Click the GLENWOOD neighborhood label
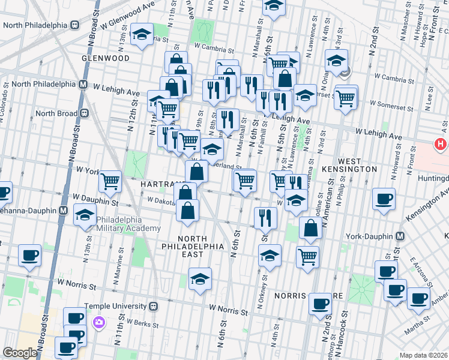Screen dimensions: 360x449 [x=106, y=58]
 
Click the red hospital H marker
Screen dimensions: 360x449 [x=441, y=145]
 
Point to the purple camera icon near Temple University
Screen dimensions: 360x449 [x=98, y=322]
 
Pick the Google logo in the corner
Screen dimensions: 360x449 [x=20, y=353]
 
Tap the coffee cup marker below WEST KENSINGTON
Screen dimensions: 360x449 [x=383, y=199]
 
